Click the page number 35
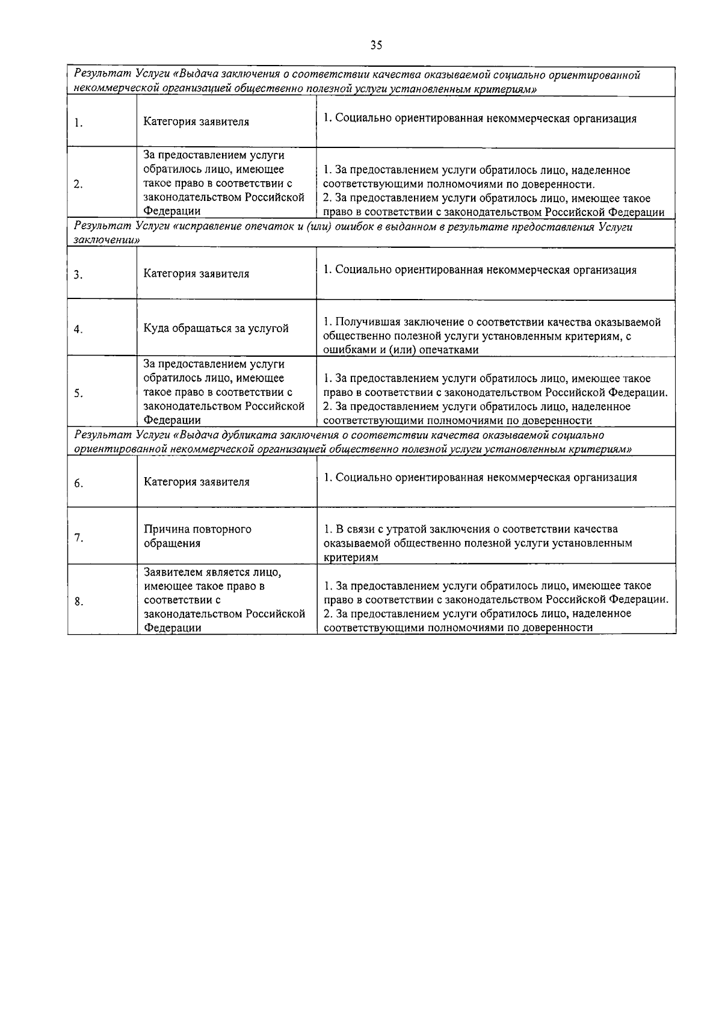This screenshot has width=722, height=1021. pyautogui.click(x=376, y=45)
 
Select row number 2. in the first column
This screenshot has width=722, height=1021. pyautogui.click(x=78, y=184)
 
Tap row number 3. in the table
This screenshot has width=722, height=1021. pyautogui.click(x=78, y=275)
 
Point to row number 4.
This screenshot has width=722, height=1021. pyautogui.click(x=78, y=329)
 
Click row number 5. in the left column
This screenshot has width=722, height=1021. pyautogui.click(x=78, y=393)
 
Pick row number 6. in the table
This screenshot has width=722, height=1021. pyautogui.click(x=78, y=483)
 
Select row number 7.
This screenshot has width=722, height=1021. pyautogui.click(x=78, y=537)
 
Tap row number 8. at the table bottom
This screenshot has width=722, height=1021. pyautogui.click(x=78, y=601)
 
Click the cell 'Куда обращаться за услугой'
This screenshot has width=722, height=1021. pyautogui.click(x=216, y=329)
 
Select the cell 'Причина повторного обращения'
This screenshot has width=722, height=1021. pyautogui.click(x=197, y=536)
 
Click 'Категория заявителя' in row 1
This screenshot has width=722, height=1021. pyautogui.click(x=196, y=122)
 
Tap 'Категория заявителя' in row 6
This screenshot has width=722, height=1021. pyautogui.click(x=196, y=482)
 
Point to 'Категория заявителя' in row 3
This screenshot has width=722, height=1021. pyautogui.click(x=196, y=274)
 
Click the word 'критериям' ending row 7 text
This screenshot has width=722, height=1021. pyautogui.click(x=351, y=558)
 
